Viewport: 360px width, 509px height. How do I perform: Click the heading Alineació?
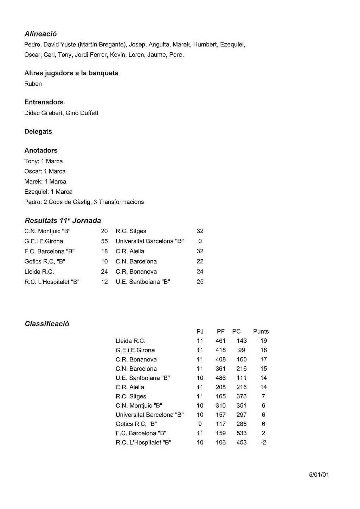40,34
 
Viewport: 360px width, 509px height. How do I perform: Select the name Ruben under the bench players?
33,84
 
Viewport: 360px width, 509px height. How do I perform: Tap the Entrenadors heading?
44,102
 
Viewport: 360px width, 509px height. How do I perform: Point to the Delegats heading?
38,132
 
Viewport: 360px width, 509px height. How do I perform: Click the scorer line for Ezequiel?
48,192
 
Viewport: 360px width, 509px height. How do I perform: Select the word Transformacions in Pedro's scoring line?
121,202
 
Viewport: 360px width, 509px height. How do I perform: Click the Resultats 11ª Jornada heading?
63,221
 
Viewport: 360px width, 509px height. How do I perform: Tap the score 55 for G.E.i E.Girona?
104,241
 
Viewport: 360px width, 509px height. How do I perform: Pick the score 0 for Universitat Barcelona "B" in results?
200,241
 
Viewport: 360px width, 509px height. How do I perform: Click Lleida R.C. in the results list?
39,272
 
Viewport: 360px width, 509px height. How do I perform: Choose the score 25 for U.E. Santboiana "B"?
200,282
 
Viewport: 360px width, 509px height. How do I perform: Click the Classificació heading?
47,324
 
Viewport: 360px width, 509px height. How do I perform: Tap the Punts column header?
261,332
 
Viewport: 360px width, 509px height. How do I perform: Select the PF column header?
221,332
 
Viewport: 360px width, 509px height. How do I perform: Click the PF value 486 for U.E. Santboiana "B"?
221,378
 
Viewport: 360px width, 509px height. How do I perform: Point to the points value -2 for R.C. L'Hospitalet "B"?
263,443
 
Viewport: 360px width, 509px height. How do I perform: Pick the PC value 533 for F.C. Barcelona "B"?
242,433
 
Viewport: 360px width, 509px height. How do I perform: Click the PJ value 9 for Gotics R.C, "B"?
200,424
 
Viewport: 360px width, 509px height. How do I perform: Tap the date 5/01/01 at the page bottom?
319,475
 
